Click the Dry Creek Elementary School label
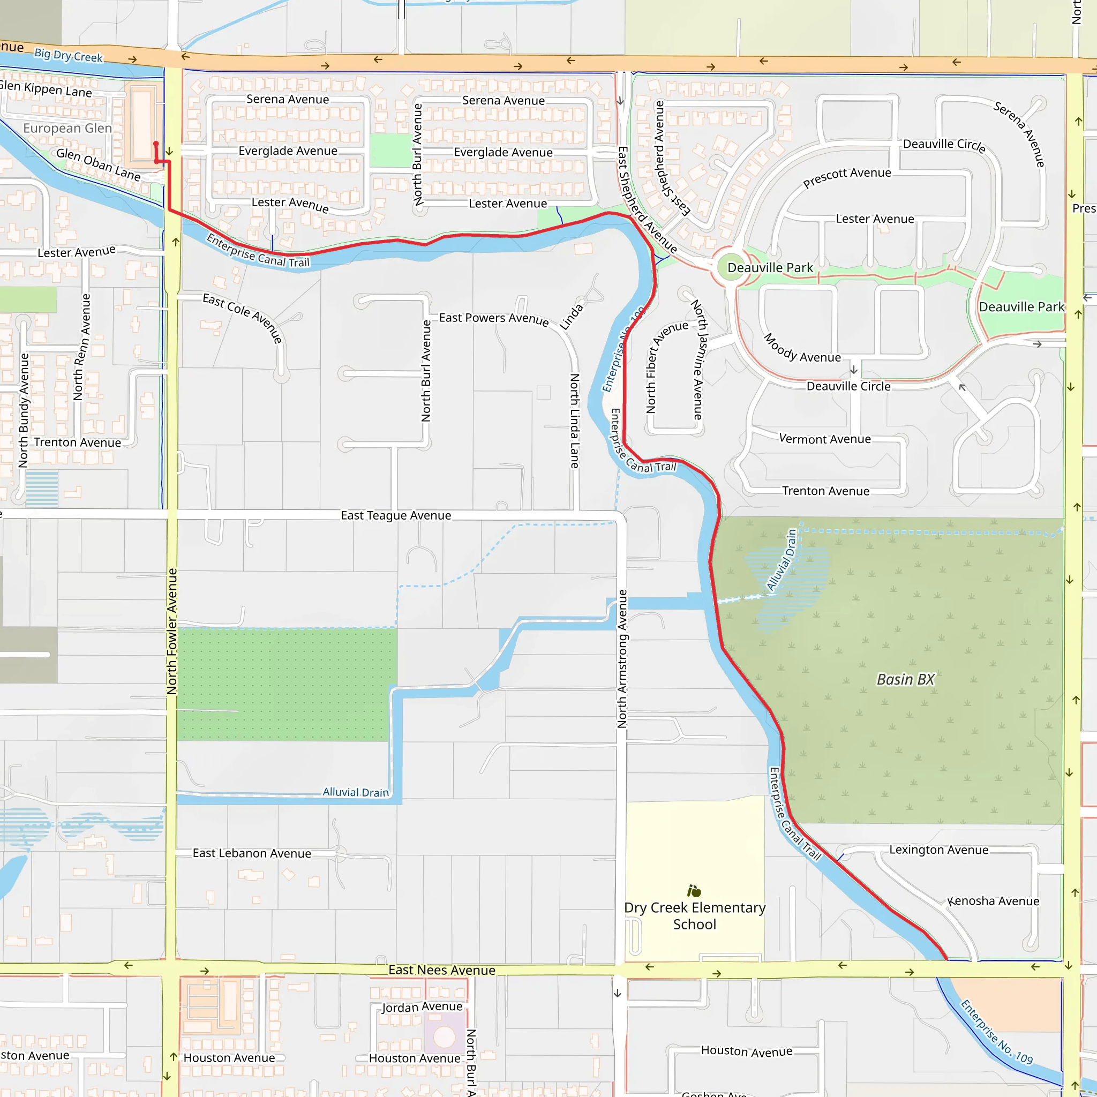694,916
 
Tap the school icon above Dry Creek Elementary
694,890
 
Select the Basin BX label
906,679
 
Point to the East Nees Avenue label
442,970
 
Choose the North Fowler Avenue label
172,631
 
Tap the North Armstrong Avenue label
622,659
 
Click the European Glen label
67,129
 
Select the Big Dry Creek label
69,56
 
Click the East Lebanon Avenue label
252,853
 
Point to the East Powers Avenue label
494,319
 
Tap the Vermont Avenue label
824,438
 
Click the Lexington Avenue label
938,850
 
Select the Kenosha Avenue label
994,901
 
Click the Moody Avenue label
802,349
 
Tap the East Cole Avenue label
243,317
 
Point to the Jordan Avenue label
422,1006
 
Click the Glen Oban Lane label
98,164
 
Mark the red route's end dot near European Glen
156,144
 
